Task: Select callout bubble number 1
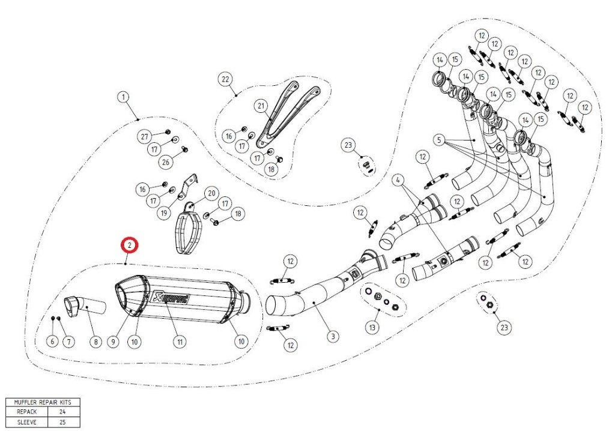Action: pyautogui.click(x=123, y=97)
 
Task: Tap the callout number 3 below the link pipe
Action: pyautogui.click(x=332, y=337)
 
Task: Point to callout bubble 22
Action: pyautogui.click(x=225, y=79)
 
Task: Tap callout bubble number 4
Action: pyautogui.click(x=397, y=179)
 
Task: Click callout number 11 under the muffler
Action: pyautogui.click(x=178, y=341)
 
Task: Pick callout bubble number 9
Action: pyautogui.click(x=112, y=341)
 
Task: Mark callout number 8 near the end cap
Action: pyautogui.click(x=95, y=341)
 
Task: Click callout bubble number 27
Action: pyautogui.click(x=144, y=137)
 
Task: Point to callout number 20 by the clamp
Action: pyautogui.click(x=211, y=193)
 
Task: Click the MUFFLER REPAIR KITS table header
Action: pyautogui.click(x=41, y=403)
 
